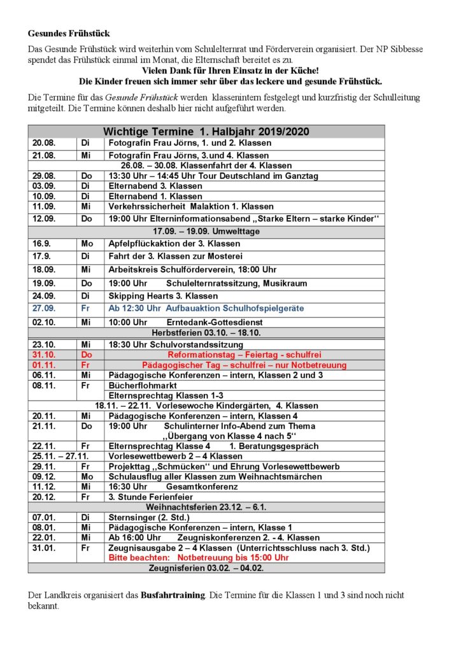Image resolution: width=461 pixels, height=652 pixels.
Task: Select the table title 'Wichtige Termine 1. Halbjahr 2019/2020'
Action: [206, 131]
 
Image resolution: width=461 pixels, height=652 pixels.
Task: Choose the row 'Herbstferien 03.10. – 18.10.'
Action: [206, 332]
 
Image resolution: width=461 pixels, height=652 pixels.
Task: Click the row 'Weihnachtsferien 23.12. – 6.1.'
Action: [206, 507]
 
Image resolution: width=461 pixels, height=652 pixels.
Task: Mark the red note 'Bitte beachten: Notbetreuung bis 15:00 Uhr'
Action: [199, 557]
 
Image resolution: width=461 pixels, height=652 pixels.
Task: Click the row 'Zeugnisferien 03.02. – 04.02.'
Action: [206, 568]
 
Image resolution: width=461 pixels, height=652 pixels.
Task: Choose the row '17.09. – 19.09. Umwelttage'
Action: [206, 231]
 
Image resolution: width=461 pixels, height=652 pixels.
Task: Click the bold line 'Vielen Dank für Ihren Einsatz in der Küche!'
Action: [230, 71]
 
